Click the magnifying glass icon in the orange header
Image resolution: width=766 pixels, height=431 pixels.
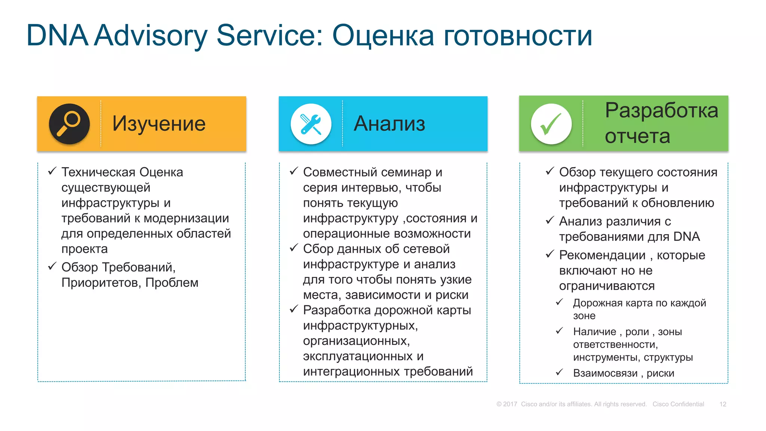tap(69, 124)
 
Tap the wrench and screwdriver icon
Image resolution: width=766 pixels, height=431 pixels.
tap(311, 124)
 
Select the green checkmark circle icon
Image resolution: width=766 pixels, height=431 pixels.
tap(551, 124)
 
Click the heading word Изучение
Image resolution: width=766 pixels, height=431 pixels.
tap(159, 124)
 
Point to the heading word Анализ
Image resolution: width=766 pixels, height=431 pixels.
tap(389, 124)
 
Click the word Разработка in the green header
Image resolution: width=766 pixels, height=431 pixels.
tap(661, 111)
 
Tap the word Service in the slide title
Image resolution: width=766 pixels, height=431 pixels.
tap(270, 36)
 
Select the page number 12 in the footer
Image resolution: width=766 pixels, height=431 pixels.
tap(723, 404)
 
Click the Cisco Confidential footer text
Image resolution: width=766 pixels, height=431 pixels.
tap(678, 404)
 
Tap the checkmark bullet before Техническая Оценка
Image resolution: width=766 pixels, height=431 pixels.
tap(52, 171)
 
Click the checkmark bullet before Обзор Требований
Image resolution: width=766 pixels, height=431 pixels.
tap(52, 266)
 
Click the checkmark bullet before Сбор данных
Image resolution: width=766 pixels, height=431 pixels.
tap(294, 248)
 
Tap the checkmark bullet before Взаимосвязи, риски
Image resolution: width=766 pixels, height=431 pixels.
tap(560, 372)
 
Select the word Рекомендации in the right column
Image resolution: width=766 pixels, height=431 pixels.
tap(602, 255)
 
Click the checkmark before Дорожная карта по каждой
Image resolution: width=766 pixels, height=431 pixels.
tap(560, 302)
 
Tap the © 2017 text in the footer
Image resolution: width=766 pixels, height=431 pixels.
tap(507, 404)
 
